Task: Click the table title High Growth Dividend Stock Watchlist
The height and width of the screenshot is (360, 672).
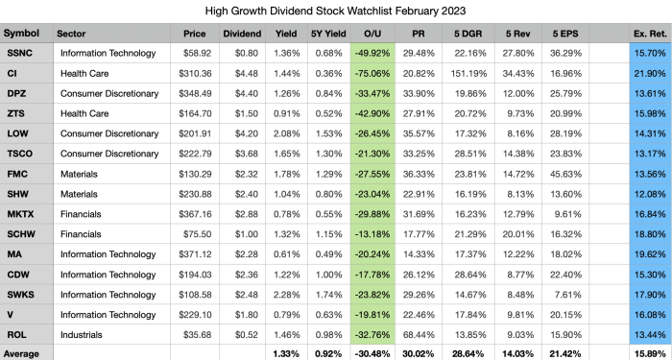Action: tap(335, 12)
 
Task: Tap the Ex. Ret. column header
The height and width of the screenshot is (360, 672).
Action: tap(642, 33)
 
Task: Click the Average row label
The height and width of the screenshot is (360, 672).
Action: tap(24, 353)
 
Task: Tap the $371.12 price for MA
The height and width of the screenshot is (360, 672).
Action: tap(202, 255)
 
